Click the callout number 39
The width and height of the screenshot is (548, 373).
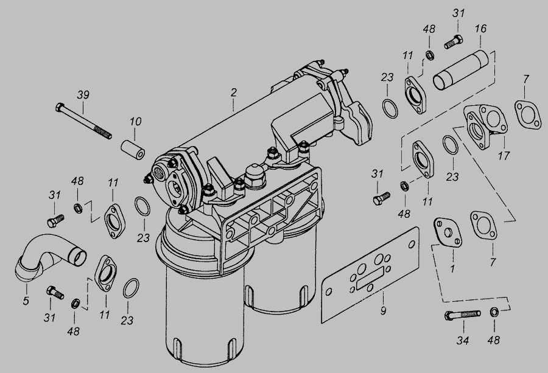83,95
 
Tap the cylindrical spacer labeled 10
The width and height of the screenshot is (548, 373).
133,150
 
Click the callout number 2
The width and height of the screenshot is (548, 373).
233,92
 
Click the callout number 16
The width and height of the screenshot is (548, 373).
480,29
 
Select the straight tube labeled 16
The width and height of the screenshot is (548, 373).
461,70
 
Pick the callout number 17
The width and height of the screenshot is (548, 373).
504,155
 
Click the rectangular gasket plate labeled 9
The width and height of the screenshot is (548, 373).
370,274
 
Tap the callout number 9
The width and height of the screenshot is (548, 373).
384,310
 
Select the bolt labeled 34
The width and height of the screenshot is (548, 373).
462,315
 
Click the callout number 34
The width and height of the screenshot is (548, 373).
463,340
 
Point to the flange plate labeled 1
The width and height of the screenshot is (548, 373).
448,233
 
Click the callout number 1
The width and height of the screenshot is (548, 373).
452,269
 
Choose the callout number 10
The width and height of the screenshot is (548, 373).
136,122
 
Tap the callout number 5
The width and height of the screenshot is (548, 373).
26,301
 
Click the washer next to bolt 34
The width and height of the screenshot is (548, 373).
494,312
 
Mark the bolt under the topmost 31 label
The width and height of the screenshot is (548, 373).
454,41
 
